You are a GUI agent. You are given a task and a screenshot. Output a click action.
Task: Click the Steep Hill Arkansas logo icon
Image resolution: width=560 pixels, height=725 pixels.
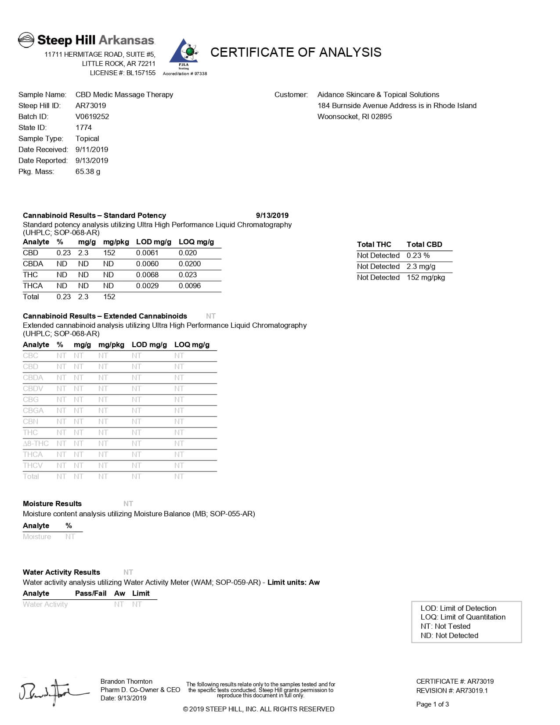pos(26,40)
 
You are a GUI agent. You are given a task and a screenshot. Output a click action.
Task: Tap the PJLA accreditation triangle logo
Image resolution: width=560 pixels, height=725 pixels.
pos(184,55)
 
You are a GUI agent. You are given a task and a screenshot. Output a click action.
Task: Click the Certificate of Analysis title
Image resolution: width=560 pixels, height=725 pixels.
pos(296,52)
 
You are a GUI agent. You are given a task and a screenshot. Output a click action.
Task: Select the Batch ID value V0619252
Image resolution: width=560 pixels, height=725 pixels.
pos(92,116)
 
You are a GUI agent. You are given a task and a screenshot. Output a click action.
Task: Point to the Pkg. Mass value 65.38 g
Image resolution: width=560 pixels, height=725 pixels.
pos(88,171)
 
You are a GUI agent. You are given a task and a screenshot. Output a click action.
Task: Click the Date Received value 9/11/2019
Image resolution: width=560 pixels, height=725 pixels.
pos(92,149)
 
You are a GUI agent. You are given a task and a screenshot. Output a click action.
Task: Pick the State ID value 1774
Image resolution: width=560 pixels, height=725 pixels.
pos(83,127)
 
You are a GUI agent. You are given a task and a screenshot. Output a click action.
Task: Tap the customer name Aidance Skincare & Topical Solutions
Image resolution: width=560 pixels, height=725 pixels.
pos(378,94)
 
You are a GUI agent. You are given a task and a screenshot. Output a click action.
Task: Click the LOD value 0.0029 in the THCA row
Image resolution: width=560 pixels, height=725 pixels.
pos(147,286)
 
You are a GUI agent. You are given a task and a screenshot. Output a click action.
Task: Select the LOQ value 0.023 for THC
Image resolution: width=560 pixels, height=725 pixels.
pos(188,275)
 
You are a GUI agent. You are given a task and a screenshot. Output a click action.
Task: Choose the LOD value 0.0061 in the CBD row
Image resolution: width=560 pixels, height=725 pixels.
pos(147,253)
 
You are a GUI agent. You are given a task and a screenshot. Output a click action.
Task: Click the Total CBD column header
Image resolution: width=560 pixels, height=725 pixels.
pos(424,244)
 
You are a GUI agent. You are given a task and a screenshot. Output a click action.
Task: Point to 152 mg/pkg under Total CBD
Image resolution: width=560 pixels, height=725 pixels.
pos(426,277)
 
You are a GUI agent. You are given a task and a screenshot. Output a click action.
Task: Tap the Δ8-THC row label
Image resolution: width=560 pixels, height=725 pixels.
pos(36,443)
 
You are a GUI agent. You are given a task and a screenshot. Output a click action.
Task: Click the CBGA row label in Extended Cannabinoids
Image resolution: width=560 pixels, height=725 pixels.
pos(33,410)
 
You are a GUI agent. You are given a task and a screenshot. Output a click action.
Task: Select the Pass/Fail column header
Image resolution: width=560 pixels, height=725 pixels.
pos(90,593)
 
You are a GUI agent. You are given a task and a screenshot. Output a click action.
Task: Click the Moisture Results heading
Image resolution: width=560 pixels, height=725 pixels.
pos(52,504)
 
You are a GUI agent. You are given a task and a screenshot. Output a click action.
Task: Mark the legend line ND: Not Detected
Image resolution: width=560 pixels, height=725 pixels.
pos(449,635)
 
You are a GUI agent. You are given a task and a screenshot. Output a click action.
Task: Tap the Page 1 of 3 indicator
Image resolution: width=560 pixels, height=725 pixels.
pos(432,704)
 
